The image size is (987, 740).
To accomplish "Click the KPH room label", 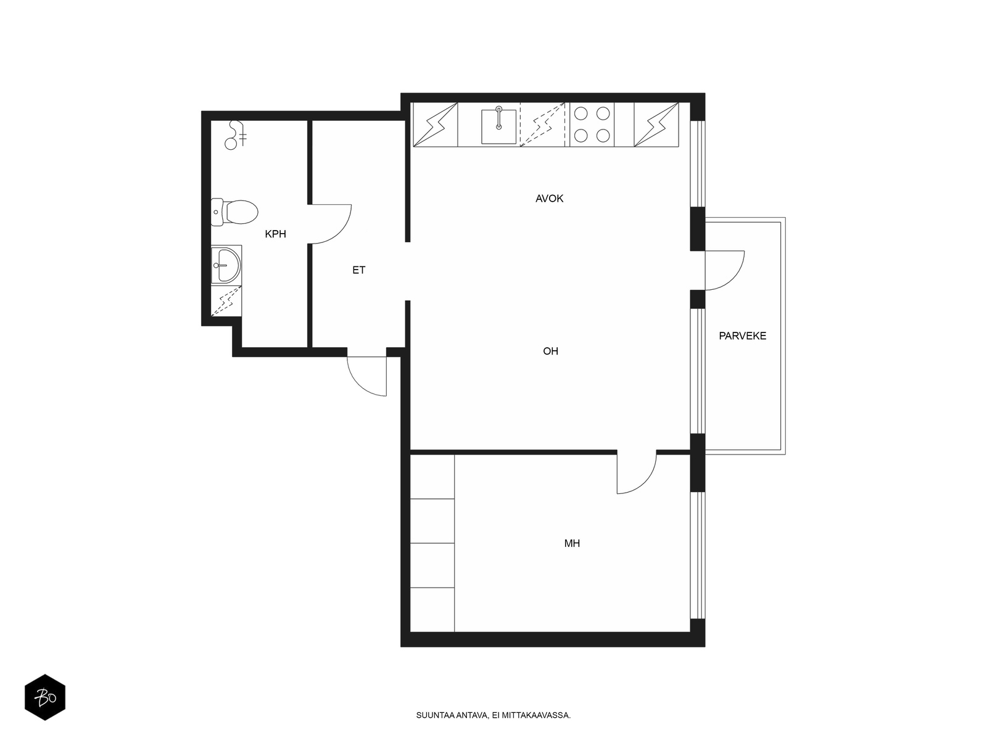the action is [275, 234].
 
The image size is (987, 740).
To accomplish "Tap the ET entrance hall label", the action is [358, 270].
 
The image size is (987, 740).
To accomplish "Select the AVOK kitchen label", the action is [549, 198].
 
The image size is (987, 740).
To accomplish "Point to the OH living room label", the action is [550, 351].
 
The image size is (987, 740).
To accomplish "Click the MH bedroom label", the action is [571, 543].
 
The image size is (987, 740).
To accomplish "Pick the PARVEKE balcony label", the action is [742, 335].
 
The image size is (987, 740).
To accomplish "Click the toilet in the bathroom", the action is [235, 212].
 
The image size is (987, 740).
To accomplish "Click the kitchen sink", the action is [498, 126].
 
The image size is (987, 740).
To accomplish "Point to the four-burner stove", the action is [592, 125].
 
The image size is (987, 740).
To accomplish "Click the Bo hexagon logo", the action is [45, 697].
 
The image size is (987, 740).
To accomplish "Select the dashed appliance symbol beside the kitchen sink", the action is [542, 125].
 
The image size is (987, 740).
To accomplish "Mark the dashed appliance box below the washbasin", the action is [226, 300].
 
